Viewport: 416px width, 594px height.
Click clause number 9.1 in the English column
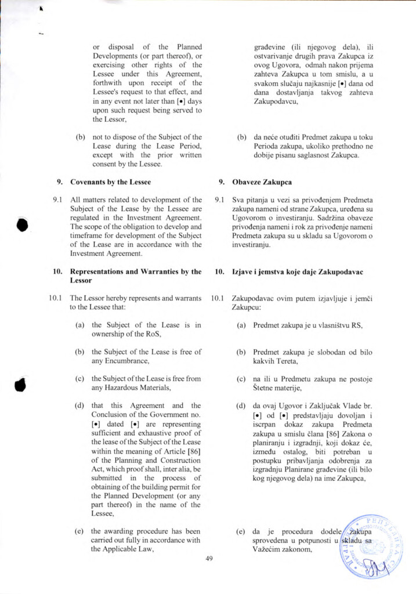point(59,200)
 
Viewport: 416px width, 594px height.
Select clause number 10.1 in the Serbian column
point(218,298)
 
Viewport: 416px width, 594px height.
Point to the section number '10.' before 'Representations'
point(58,271)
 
